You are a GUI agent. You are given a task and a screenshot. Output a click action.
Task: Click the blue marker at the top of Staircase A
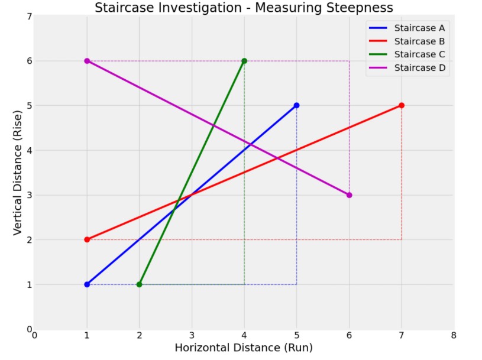pos(296,105)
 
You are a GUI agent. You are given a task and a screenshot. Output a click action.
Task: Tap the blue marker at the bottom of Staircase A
pos(87,284)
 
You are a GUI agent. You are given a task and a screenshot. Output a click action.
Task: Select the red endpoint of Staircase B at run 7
pos(402,105)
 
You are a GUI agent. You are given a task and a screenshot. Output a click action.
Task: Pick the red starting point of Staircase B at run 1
pos(87,239)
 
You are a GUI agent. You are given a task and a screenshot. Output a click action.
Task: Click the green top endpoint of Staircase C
pos(244,61)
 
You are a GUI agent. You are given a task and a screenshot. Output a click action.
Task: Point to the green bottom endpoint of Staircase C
pos(140,284)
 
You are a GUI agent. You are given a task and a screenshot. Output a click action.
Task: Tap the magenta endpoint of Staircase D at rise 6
pos(87,61)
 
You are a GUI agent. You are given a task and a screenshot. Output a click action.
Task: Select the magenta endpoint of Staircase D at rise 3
pos(349,195)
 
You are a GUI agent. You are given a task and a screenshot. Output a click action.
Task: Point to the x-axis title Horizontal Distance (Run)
pos(244,348)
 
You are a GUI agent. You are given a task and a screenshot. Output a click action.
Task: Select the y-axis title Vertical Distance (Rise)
pos(18,173)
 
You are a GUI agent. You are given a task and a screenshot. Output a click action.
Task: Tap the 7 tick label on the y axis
pos(29,17)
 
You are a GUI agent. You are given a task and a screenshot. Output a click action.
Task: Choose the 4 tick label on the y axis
pos(29,150)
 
